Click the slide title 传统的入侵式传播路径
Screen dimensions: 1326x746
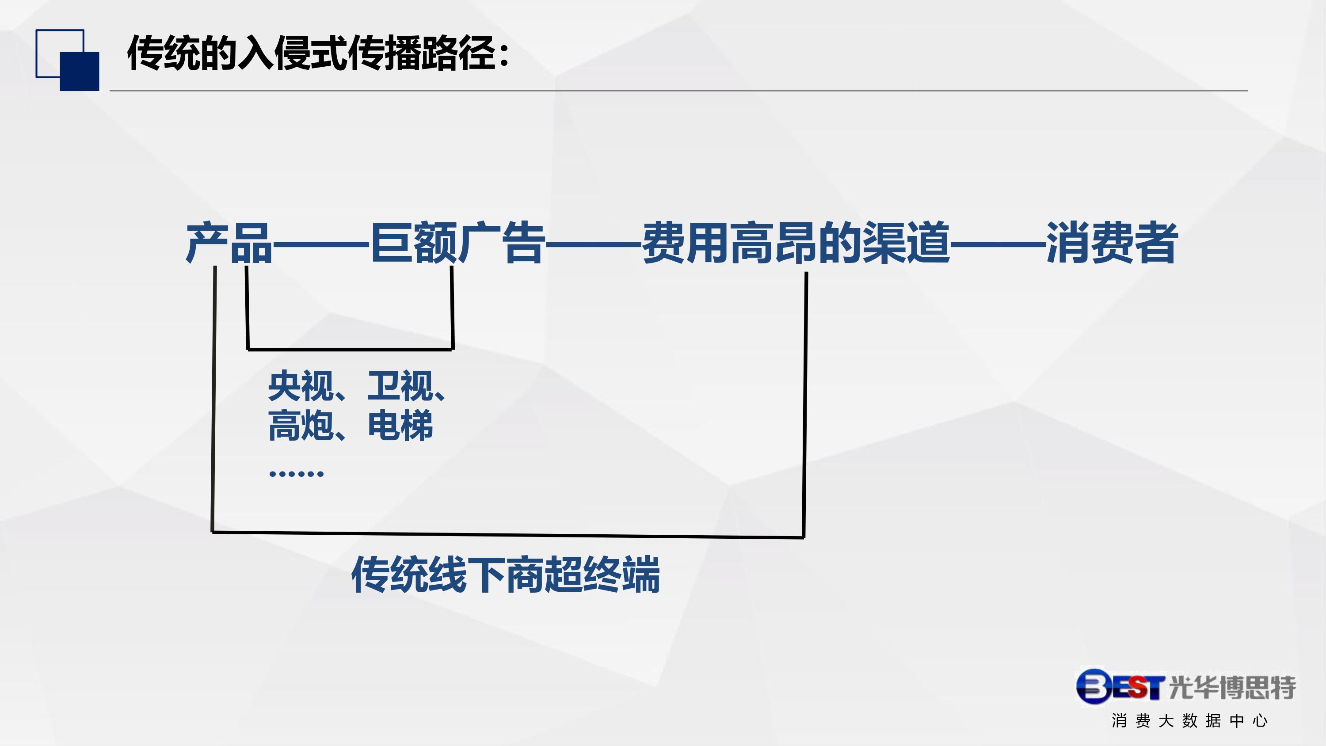click(312, 53)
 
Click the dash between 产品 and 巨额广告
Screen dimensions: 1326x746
click(321, 244)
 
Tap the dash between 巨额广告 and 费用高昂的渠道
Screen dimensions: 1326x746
click(594, 244)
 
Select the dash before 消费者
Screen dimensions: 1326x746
click(998, 244)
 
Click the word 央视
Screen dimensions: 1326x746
click(301, 386)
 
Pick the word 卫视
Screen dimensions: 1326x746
click(400, 386)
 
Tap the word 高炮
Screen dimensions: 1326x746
click(301, 425)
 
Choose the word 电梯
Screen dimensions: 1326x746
click(400, 425)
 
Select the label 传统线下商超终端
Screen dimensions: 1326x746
click(506, 575)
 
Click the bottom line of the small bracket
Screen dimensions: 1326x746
click(350, 350)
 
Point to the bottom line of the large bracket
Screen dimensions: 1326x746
click(508, 535)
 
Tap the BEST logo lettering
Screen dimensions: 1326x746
click(1120, 686)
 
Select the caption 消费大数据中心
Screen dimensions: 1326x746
click(1189, 721)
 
